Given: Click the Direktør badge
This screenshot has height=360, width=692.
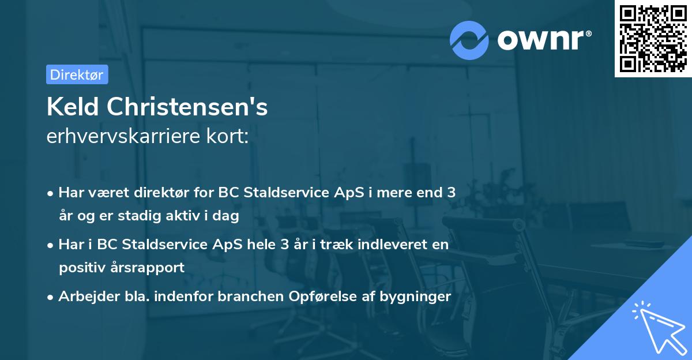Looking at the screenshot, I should pyautogui.click(x=77, y=74).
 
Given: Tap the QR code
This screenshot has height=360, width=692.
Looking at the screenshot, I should pyautogui.click(x=652, y=38).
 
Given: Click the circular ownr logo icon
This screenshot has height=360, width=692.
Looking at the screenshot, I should pyautogui.click(x=469, y=40).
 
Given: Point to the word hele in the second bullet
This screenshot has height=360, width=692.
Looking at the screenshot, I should pyautogui.click(x=255, y=244).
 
